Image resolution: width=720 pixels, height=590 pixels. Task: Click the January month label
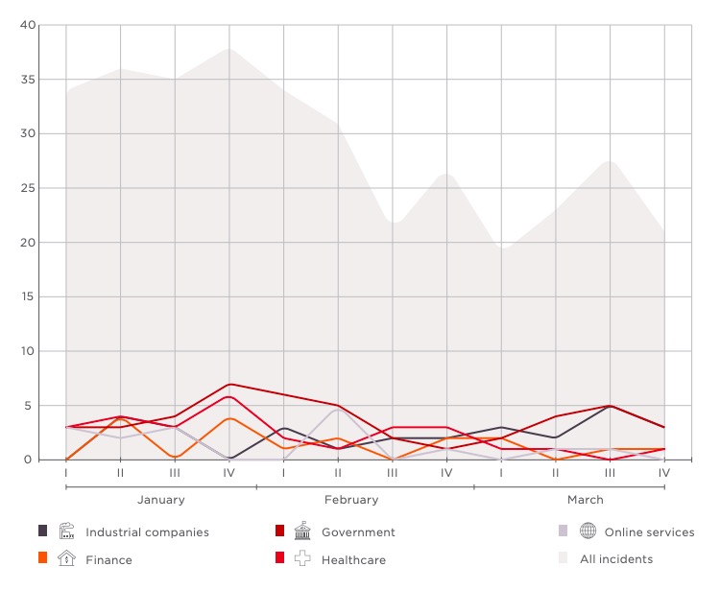tap(161, 500)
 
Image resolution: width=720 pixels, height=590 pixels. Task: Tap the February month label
tap(351, 500)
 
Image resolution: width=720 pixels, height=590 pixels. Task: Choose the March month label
tap(585, 500)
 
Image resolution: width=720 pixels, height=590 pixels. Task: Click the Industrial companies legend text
tap(147, 532)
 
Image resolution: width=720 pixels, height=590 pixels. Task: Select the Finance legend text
tap(108, 559)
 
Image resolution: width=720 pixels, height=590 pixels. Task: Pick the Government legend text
tap(358, 532)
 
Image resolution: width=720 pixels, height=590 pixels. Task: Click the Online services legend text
tap(649, 532)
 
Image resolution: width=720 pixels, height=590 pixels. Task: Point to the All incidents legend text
tap(616, 559)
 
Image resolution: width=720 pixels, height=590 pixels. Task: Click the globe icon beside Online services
tap(588, 531)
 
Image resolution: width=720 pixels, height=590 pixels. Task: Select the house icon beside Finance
tap(66, 558)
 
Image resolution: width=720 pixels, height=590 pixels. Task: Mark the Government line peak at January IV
tap(229, 384)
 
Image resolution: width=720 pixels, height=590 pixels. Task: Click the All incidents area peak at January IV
tap(229, 49)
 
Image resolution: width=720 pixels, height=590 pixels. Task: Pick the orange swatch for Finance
tap(42, 558)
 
